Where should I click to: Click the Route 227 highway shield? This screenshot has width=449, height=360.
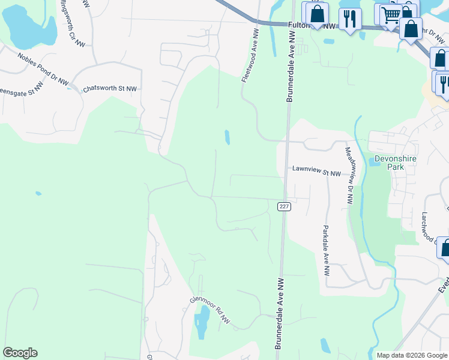(x=285, y=206)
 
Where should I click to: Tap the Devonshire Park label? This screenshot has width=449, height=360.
(x=395, y=163)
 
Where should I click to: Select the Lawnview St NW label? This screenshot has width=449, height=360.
(x=316, y=173)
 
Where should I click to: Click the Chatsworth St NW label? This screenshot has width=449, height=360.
(x=110, y=89)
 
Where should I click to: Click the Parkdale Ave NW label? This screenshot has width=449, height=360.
(x=326, y=250)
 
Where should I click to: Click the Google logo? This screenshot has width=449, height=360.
(x=20, y=353)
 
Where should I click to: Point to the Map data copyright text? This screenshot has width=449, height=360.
(x=411, y=355)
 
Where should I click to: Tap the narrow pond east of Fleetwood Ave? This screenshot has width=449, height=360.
(x=227, y=137)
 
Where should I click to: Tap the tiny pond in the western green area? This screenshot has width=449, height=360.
(x=38, y=193)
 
